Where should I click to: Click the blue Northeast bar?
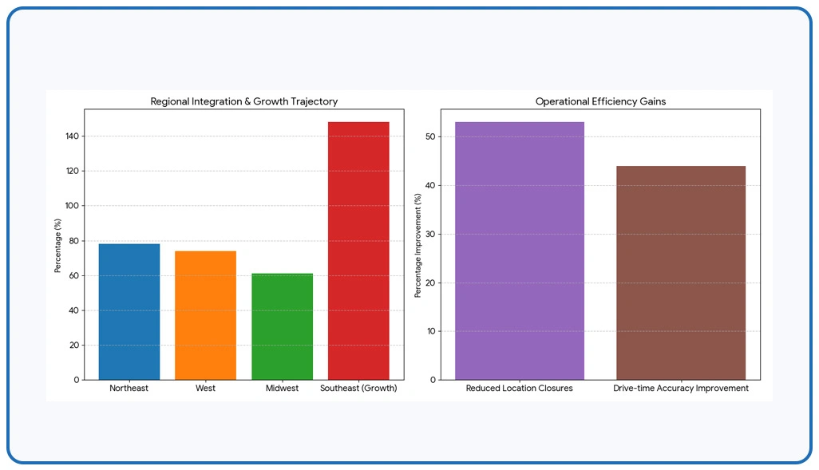[129, 312]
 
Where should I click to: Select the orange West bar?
[205, 315]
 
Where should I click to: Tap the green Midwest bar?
[282, 326]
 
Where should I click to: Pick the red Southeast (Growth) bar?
[358, 251]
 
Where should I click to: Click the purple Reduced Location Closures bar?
[520, 251]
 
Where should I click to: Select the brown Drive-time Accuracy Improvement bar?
[681, 273]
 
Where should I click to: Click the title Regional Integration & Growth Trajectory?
[244, 101]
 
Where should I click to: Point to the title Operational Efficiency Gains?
[600, 101]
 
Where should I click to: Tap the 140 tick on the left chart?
[72, 136]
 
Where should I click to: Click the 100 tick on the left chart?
[72, 206]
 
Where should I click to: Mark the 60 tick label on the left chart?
[73, 275]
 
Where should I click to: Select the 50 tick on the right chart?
[430, 136]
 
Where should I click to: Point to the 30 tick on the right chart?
[430, 234]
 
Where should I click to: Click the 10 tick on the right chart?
[430, 331]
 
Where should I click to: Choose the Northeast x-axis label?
[129, 388]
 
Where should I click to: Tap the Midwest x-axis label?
[282, 388]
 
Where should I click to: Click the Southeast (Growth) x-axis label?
[358, 388]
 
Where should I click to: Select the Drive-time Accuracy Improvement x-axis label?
[681, 388]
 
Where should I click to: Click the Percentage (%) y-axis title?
[57, 246]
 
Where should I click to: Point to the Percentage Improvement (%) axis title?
[417, 246]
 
